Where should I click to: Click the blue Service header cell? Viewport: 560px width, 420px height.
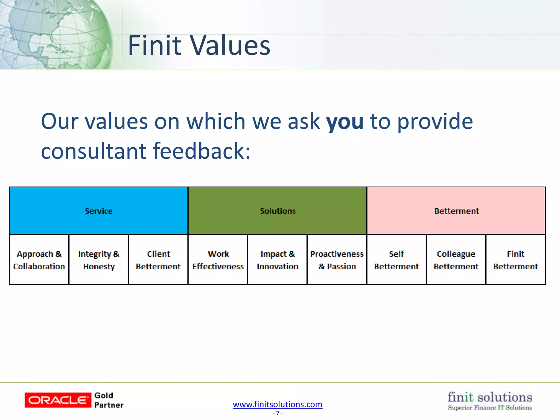(99, 211)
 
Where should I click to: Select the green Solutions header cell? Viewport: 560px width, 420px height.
(278, 211)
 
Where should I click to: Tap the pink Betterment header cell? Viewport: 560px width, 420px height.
(456, 211)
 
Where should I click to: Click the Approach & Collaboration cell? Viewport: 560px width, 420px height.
(39, 260)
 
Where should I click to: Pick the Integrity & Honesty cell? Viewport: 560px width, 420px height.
(99, 260)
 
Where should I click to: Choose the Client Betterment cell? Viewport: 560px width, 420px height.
(158, 260)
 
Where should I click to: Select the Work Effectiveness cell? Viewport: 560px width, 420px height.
(218, 260)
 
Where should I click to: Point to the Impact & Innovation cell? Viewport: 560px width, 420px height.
(278, 260)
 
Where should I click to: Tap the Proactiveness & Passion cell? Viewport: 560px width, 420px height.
(337, 260)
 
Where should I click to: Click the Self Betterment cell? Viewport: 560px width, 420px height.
(396, 260)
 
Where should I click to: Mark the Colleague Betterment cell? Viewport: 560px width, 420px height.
(456, 260)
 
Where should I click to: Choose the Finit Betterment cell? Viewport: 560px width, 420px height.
(516, 260)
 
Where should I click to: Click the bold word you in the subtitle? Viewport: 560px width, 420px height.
(345, 122)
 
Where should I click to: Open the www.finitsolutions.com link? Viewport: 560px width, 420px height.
(278, 404)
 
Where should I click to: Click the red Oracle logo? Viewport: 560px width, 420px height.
(58, 400)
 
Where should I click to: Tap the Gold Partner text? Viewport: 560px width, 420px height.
(109, 400)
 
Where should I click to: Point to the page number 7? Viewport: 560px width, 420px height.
(278, 413)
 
